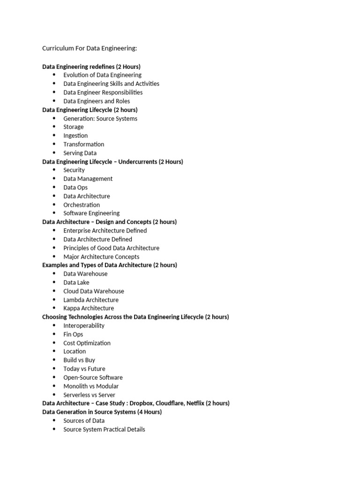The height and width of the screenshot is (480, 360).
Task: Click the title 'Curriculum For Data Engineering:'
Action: (x=90, y=48)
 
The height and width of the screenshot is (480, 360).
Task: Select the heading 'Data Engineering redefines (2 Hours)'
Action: (x=91, y=67)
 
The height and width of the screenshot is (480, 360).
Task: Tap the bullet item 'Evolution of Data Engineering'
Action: (x=102, y=75)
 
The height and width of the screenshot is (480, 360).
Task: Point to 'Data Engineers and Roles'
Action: (x=97, y=101)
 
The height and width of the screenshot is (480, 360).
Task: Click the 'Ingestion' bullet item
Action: (x=75, y=135)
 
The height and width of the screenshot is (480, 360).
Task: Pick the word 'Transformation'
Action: (x=84, y=144)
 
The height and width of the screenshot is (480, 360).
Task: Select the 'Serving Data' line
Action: (x=80, y=153)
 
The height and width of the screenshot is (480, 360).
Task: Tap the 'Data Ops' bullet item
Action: (x=75, y=187)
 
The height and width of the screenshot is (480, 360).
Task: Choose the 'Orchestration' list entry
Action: (x=82, y=205)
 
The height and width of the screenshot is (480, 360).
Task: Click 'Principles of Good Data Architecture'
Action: (x=111, y=248)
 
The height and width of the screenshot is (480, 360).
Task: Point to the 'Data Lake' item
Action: (x=76, y=283)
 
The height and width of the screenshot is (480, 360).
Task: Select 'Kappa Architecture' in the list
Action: (x=89, y=308)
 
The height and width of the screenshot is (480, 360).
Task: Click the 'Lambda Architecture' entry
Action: (x=91, y=300)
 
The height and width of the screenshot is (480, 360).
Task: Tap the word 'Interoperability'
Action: (x=84, y=326)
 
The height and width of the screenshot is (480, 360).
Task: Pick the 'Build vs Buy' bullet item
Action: (x=79, y=360)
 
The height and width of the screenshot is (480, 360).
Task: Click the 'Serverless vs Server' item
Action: (x=89, y=395)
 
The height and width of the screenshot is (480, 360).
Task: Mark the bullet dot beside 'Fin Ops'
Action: (x=54, y=334)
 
